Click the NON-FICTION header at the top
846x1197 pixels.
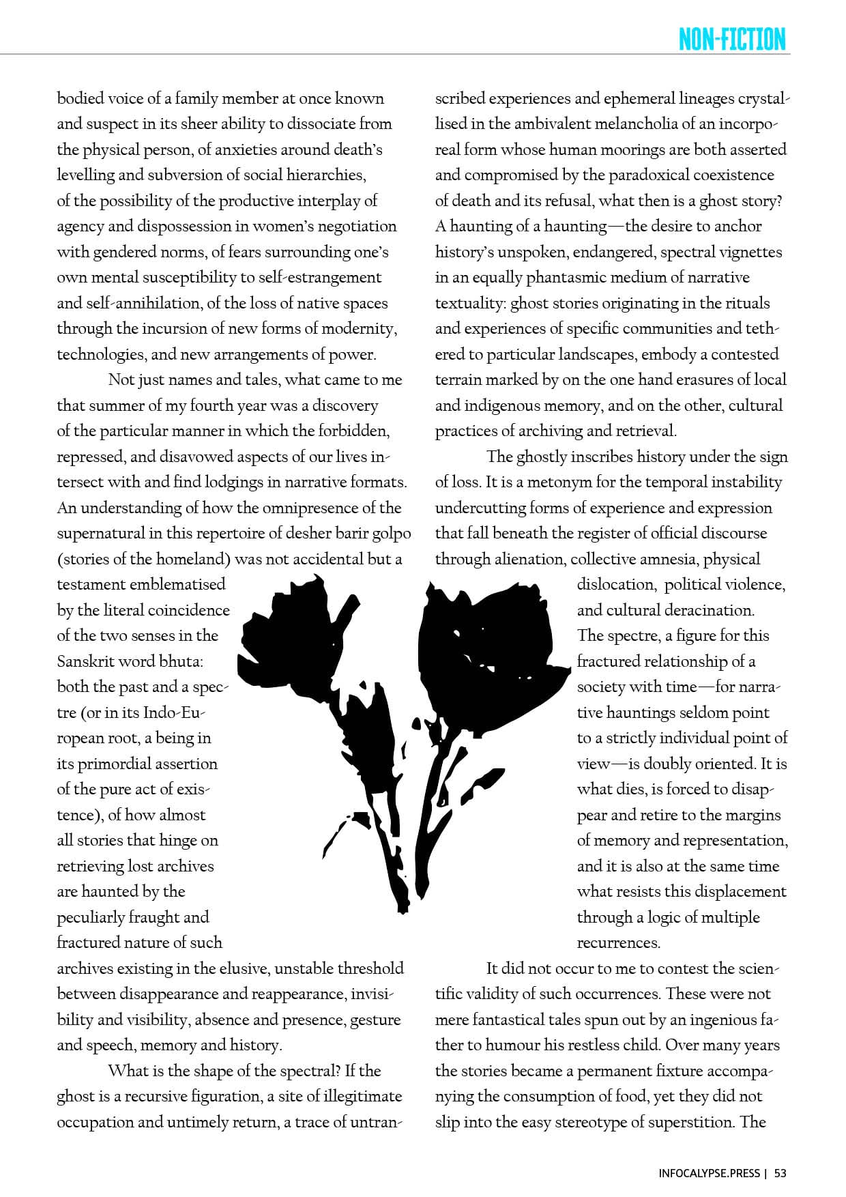click(732, 39)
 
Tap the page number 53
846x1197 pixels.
click(781, 1174)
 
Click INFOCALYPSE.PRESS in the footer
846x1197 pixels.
click(709, 1174)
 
